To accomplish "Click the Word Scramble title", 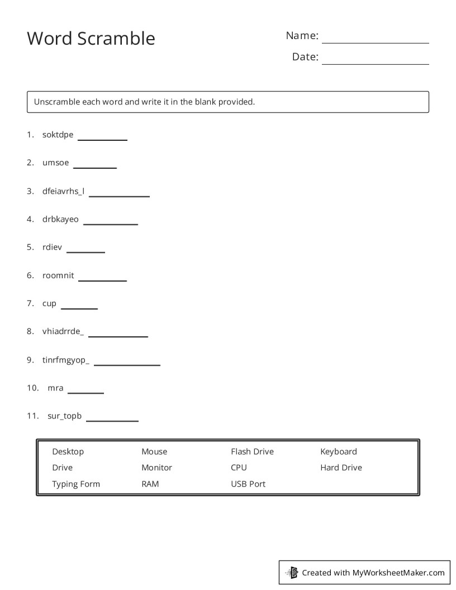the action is [91, 39].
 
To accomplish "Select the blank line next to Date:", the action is [375, 63].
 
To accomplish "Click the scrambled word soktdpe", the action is [58, 135].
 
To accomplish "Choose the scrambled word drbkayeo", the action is [60, 219].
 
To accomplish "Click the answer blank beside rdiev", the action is [85, 251].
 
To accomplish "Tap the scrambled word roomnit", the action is [58, 275].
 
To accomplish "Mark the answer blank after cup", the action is [79, 308].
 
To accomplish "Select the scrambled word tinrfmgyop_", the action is [66, 360].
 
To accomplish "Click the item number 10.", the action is [32, 388].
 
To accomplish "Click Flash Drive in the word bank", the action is [252, 451].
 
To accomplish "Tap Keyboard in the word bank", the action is [338, 451].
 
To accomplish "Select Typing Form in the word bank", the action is [76, 484].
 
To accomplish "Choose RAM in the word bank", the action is [150, 484].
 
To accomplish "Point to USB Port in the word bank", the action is [248, 484].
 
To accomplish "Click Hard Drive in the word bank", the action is [341, 468].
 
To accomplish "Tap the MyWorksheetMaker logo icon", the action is [292, 572].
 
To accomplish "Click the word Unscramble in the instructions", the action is [56, 102].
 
